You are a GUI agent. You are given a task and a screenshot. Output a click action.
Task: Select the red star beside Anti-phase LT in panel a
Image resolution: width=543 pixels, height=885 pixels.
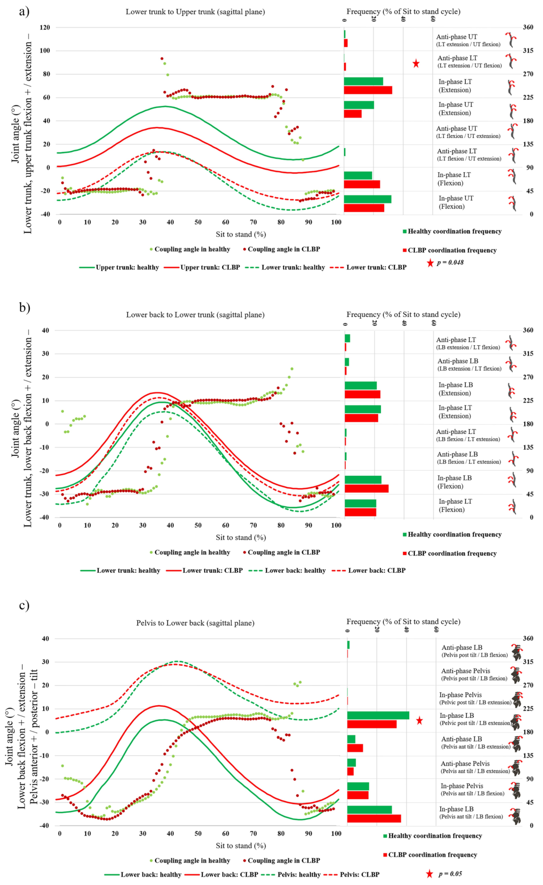(x=416, y=64)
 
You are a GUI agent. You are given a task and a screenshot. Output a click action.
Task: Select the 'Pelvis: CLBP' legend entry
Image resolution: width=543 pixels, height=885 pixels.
(x=359, y=874)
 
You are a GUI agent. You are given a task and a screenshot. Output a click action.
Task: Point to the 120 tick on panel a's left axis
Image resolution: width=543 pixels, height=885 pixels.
(x=45, y=27)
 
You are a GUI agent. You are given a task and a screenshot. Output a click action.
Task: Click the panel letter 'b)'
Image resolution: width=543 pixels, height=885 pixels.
(x=24, y=308)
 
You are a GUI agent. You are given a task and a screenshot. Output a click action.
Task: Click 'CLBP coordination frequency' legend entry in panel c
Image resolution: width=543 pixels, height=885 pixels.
(x=432, y=855)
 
